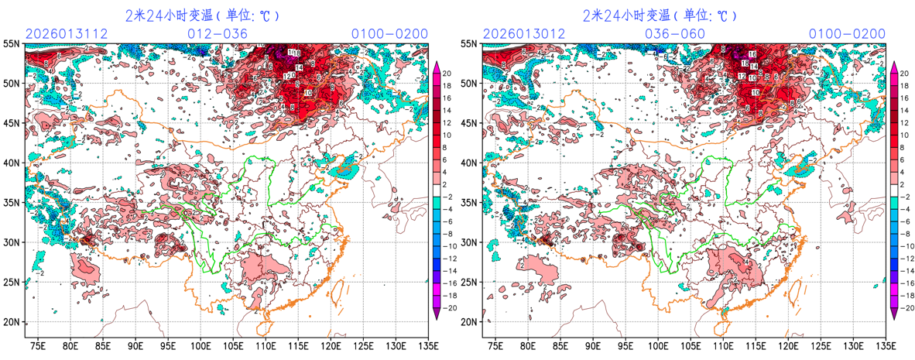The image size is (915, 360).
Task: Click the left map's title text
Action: [x=202, y=15]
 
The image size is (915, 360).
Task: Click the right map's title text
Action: [x=660, y=15]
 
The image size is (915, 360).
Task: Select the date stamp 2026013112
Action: [x=66, y=33]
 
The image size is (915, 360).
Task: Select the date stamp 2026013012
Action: [x=523, y=33]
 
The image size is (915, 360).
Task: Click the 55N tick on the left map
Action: [x=12, y=44]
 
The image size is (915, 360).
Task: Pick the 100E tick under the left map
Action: [x=201, y=345]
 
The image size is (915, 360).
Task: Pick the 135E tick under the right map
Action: [x=884, y=345]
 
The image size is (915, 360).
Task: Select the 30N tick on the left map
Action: [x=12, y=242]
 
